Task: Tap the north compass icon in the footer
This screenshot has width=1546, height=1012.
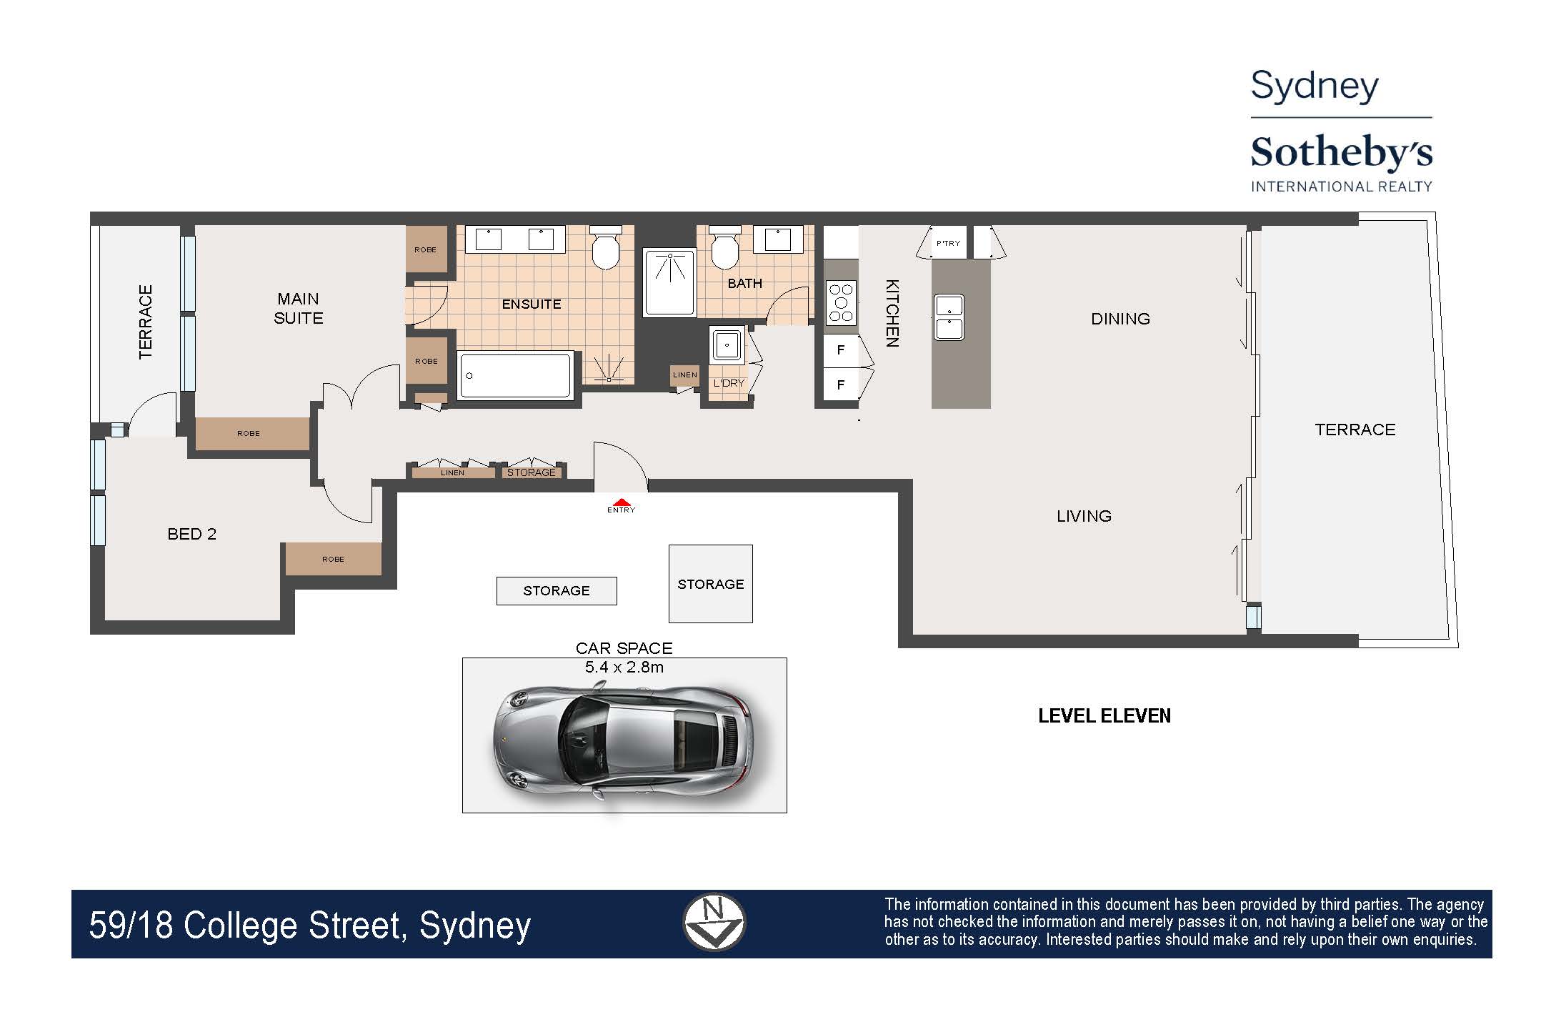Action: point(714,922)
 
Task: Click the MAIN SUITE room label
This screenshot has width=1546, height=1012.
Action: point(299,308)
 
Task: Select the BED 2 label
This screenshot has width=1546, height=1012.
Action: point(191,534)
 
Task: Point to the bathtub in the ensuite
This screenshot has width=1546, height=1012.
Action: point(515,375)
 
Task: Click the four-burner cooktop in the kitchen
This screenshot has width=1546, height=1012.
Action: point(840,302)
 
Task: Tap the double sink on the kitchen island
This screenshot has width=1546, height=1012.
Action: point(949,317)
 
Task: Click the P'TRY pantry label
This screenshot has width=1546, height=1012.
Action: point(948,244)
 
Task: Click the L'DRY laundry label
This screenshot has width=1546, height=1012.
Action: point(729,383)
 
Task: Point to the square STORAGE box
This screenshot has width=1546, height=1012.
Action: point(710,584)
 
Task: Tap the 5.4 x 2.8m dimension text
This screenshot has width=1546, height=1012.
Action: point(624,668)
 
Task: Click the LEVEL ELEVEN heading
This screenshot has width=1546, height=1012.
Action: point(1104,716)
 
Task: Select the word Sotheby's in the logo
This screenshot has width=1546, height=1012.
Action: point(1341,153)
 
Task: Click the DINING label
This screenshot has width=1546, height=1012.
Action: point(1120,319)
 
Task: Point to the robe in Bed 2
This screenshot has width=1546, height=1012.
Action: point(333,559)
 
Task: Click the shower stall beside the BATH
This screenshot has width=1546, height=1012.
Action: point(669,282)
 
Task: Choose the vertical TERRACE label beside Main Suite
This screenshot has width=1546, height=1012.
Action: point(146,322)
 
